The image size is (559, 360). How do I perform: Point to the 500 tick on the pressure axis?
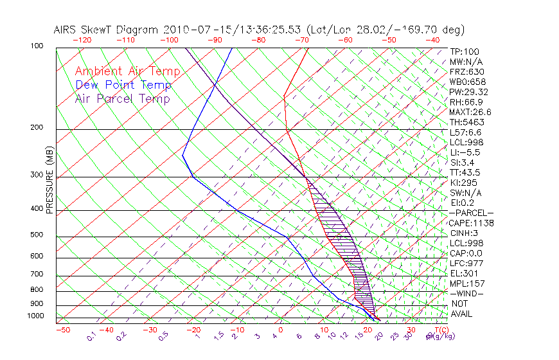click(x=37, y=236)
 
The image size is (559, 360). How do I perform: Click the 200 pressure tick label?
click(x=37, y=127)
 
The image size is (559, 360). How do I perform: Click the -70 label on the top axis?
click(x=301, y=40)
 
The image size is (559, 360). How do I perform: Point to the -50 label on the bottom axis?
click(x=62, y=330)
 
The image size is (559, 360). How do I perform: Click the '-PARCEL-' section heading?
click(x=472, y=213)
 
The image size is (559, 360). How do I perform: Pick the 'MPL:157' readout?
click(x=466, y=283)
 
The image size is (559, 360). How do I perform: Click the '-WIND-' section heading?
click(x=467, y=293)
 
